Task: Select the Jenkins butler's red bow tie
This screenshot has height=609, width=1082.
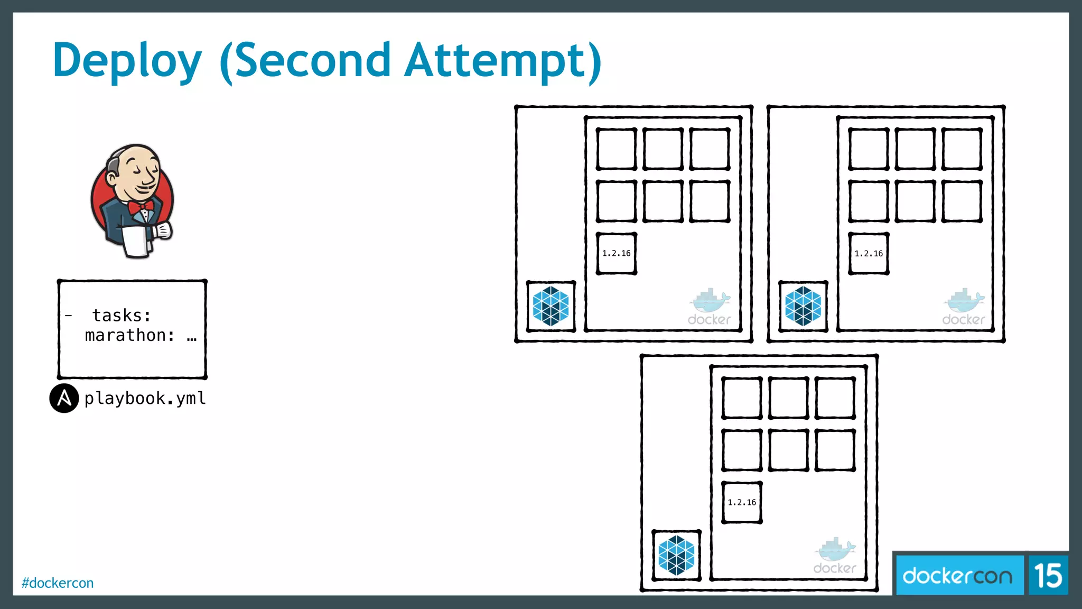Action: tap(140, 206)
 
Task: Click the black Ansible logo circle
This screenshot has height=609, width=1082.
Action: tap(64, 398)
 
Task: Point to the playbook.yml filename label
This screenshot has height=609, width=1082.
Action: tap(145, 398)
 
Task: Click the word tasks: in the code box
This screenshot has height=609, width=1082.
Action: tap(122, 316)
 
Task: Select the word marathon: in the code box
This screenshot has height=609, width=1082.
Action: tap(130, 335)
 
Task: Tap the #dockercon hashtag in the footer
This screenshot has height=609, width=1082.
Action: tap(58, 583)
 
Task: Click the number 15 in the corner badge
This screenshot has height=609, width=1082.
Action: tap(1048, 575)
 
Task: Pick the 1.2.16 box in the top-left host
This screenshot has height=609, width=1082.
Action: tap(617, 254)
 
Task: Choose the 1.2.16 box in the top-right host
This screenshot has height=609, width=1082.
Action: tap(869, 254)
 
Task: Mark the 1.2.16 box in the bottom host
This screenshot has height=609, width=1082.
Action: tap(742, 502)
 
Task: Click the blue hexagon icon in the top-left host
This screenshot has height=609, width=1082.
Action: tap(551, 306)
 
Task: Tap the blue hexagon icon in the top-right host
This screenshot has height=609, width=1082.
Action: tap(803, 306)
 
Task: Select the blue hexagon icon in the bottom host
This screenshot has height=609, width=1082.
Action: tap(676, 555)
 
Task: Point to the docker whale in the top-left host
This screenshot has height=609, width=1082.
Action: tap(710, 301)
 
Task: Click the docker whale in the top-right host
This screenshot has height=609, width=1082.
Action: tap(964, 301)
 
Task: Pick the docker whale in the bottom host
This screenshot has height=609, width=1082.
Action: tap(835, 551)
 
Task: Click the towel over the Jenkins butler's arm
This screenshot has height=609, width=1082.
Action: tap(136, 242)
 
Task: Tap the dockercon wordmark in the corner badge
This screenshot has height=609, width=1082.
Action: tap(957, 575)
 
